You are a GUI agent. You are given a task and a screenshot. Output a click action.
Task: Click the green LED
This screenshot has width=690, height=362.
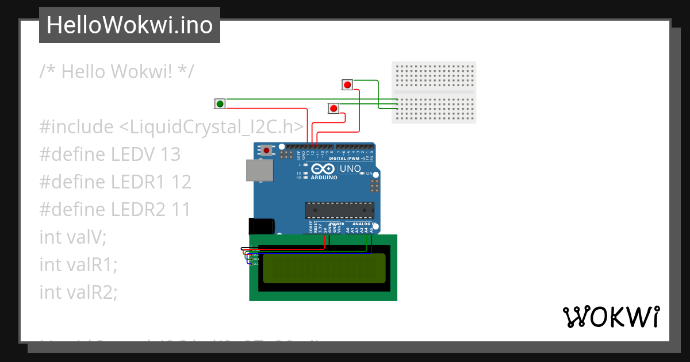point(220,103)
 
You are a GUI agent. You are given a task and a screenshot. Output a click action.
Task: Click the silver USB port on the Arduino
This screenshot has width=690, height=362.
point(259,171)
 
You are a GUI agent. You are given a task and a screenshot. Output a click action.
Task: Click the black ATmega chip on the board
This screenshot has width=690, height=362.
point(339,210)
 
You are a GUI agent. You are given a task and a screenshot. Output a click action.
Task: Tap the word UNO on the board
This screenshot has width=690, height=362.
point(350,169)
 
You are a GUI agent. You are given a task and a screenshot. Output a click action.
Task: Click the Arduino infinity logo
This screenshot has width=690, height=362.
point(323,169)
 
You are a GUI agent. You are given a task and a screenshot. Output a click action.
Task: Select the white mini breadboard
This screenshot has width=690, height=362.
point(434,92)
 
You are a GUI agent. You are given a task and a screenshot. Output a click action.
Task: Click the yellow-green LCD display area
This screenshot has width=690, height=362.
point(324,268)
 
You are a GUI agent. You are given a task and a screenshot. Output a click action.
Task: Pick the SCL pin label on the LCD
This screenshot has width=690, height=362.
point(256,264)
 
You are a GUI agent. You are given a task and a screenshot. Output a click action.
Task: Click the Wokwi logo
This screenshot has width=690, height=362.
point(611,317)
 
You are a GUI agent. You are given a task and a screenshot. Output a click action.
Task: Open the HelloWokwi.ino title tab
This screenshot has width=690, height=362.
point(129,25)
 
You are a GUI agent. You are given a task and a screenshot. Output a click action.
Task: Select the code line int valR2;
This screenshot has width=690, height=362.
point(78,292)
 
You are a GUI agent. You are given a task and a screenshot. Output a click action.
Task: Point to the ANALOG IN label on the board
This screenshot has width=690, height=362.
point(364,224)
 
